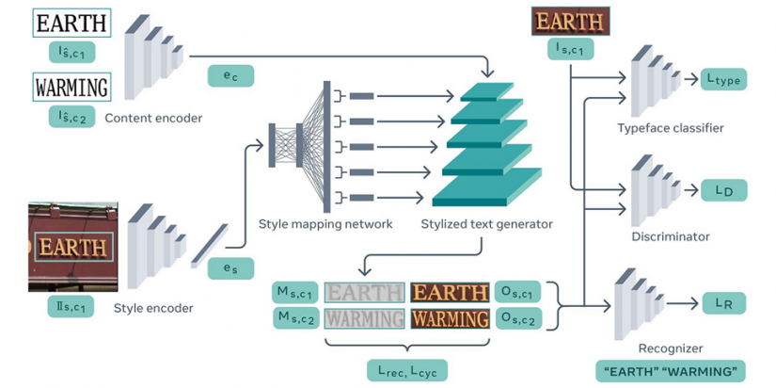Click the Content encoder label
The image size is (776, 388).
(153, 118)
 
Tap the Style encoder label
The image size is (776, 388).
(153, 307)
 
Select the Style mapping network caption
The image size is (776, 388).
(325, 224)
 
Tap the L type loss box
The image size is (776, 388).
(723, 80)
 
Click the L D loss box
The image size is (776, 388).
(723, 190)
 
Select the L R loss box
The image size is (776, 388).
(723, 302)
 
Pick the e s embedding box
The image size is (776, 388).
(230, 268)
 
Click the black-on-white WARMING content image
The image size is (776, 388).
(71, 89)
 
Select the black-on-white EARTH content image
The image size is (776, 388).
(71, 23)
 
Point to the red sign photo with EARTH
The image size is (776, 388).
(72, 246)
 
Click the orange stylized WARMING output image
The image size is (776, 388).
(450, 318)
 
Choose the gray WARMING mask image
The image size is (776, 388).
(364, 318)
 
